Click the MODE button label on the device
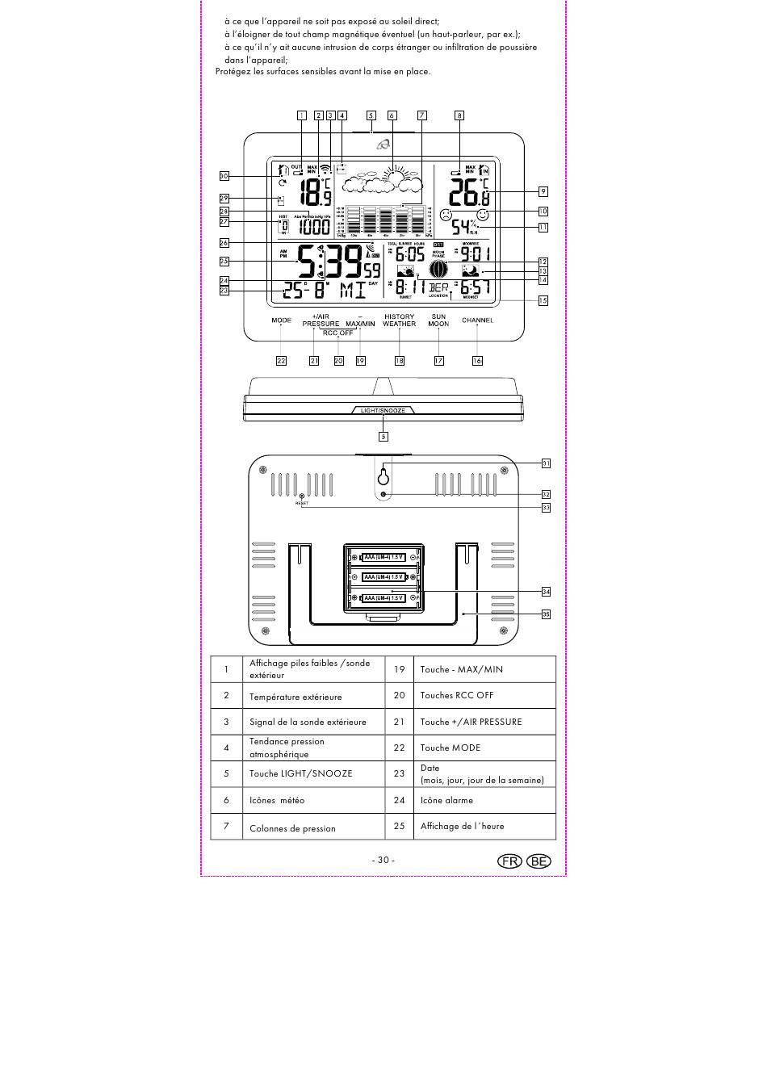pos(281,320)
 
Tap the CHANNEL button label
pos(477,320)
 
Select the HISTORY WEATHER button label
pos(399,320)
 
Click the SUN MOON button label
pos(438,320)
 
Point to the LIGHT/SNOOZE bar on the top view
pos(383,410)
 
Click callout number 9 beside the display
pos(543,191)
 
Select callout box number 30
pos(224,176)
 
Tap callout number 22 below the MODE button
pos(281,361)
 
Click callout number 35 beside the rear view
pos(546,614)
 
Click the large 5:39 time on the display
pos(331,262)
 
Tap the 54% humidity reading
pos(463,227)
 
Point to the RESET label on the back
pos(302,503)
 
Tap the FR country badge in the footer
pos(510,861)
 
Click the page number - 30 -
pos(383,860)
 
